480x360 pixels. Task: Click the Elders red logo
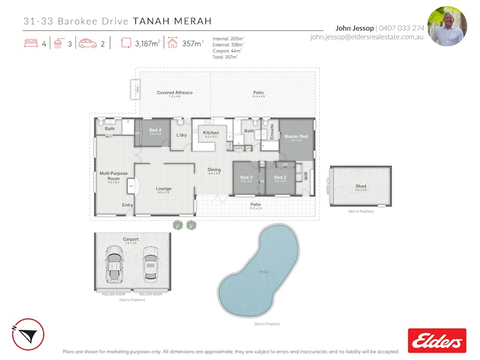point(437,340)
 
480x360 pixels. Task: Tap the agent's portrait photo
point(447,26)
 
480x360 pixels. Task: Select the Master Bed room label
point(296,137)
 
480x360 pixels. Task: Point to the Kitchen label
point(211,133)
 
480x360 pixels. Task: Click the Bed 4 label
point(155,130)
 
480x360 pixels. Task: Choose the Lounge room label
point(163,188)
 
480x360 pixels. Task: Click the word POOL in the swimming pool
point(265,272)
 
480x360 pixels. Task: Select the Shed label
point(361,186)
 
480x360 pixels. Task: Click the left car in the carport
point(114,265)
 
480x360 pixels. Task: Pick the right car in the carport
point(150,265)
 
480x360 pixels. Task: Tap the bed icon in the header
point(31,44)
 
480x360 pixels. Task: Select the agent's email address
point(366,37)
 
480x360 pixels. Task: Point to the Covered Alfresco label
point(174,93)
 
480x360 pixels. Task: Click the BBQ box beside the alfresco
point(136,89)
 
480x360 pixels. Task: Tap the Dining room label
point(214,170)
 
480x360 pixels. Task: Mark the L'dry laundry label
point(181,135)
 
